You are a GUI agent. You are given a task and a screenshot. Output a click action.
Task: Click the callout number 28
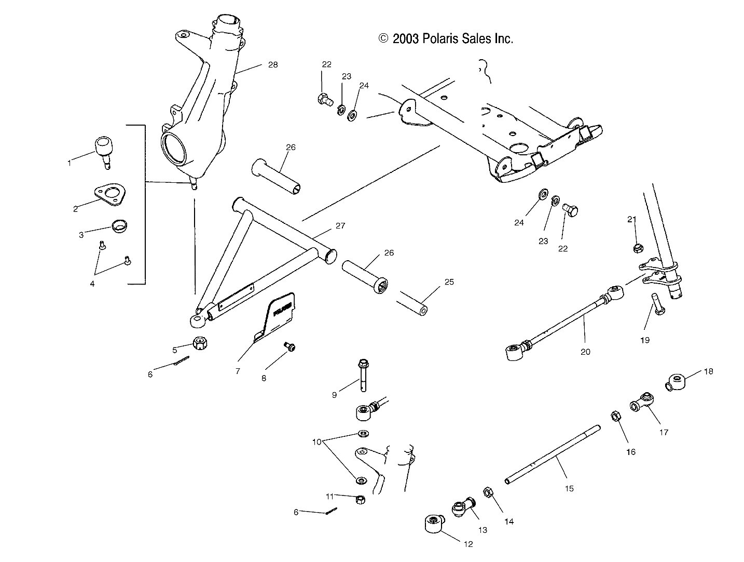272,65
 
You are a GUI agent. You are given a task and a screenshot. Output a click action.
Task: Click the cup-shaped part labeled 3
120,227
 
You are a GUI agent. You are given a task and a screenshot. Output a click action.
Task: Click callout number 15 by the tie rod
569,489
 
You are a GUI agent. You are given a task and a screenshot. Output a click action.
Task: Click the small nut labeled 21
636,248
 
